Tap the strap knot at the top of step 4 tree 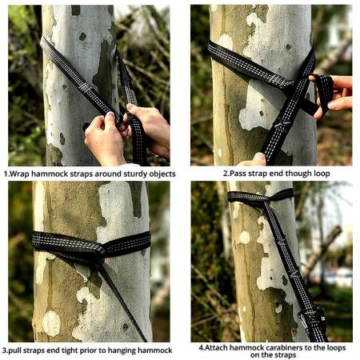(x=260, y=195)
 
